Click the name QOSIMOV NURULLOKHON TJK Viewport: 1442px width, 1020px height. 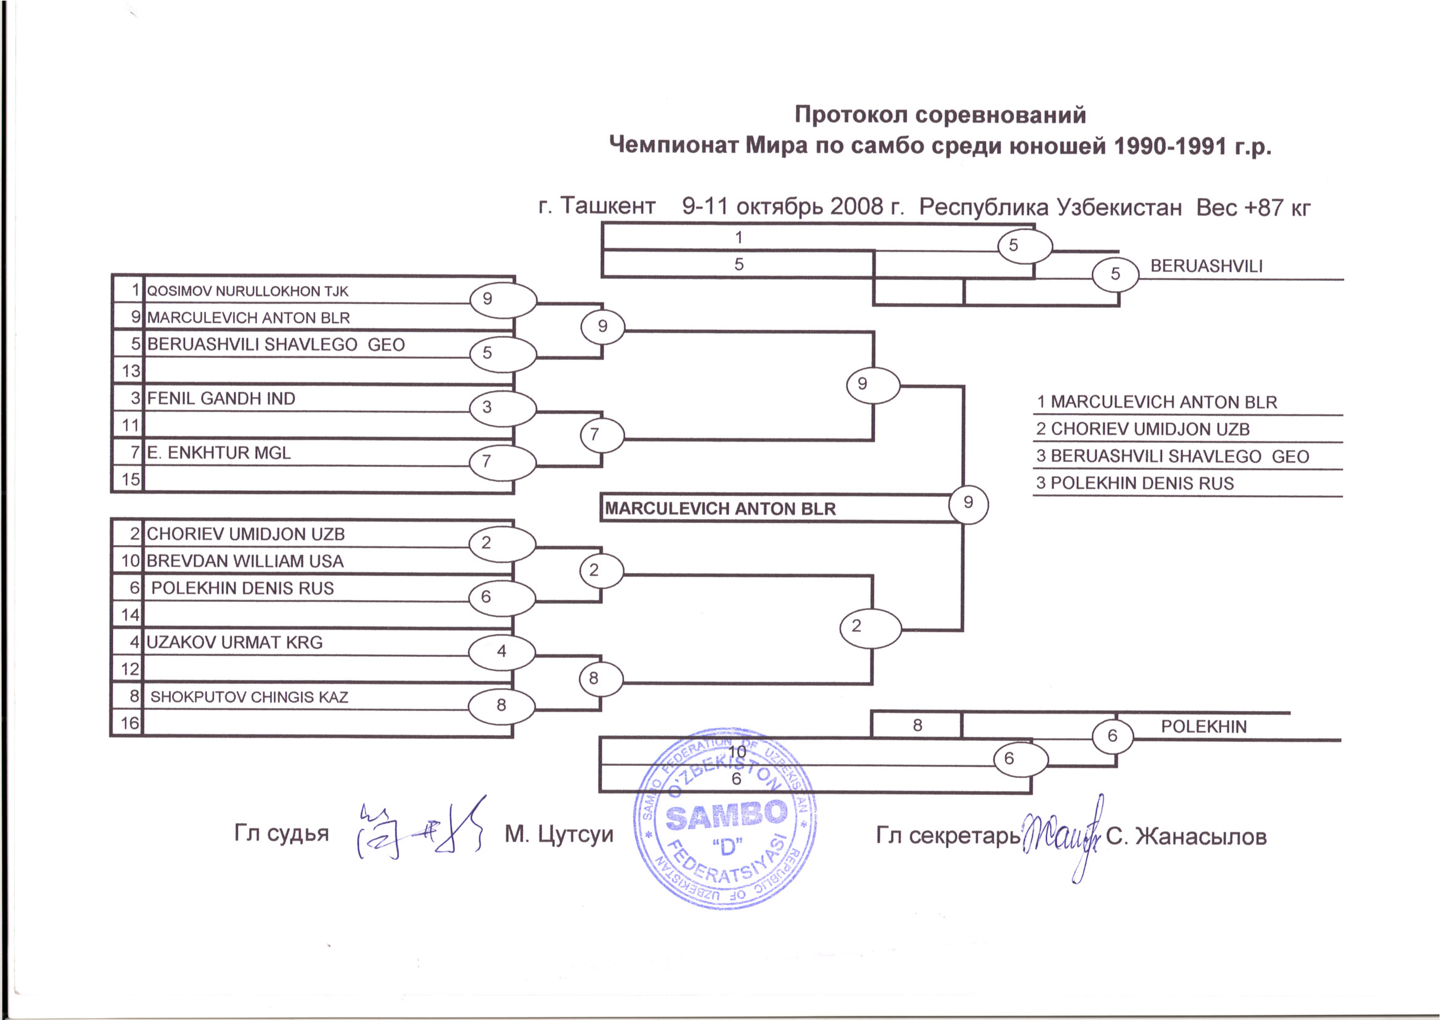point(247,292)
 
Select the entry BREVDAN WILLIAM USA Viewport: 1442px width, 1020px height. point(245,561)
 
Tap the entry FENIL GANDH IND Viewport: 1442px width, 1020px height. point(221,399)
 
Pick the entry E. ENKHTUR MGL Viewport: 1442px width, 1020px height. point(219,453)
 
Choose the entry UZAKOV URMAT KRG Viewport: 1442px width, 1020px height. point(234,643)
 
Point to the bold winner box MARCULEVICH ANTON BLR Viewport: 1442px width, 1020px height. point(720,509)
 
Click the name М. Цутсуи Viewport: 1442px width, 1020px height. point(559,834)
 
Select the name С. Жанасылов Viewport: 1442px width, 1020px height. point(1186,837)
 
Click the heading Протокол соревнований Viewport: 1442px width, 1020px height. point(940,115)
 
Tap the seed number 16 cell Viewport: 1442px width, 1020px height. point(129,723)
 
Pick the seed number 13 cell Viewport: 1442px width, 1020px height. point(130,371)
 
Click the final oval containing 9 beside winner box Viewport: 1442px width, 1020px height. point(968,503)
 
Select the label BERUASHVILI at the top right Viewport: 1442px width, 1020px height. point(1206,266)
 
